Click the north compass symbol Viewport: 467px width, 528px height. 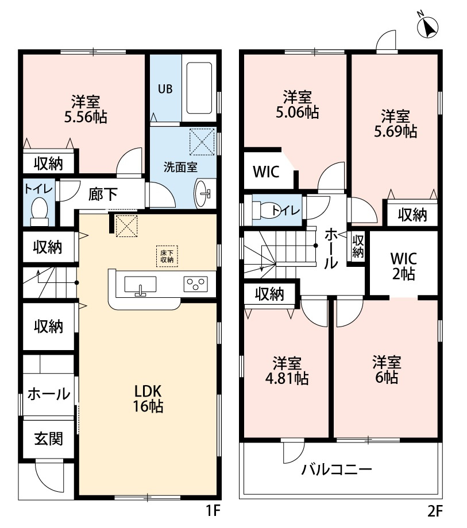pyautogui.click(x=427, y=26)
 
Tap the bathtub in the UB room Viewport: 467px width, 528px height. pyautogui.click(x=199, y=88)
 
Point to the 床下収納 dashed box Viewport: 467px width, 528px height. pyautogui.click(x=167, y=257)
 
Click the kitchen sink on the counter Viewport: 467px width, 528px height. pyautogui.click(x=140, y=285)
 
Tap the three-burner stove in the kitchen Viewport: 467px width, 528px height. pyautogui.click(x=196, y=284)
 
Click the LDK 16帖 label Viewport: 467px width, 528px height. pyautogui.click(x=148, y=399)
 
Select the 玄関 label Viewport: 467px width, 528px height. pyautogui.click(x=48, y=439)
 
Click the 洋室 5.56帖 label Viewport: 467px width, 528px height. pyautogui.click(x=86, y=109)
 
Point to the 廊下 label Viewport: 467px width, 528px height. pyautogui.click(x=103, y=195)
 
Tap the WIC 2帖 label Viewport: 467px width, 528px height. pyautogui.click(x=404, y=266)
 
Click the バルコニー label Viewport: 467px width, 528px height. pyautogui.click(x=337, y=469)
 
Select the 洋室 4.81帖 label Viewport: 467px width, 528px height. pyautogui.click(x=287, y=370)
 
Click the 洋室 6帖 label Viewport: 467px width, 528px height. pyautogui.click(x=387, y=370)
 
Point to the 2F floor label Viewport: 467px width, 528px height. pyautogui.click(x=434, y=511)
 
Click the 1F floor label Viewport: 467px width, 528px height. pyautogui.click(x=213, y=511)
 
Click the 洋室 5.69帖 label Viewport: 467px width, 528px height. pyautogui.click(x=396, y=123)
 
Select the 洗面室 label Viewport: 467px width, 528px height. pyautogui.click(x=180, y=168)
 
